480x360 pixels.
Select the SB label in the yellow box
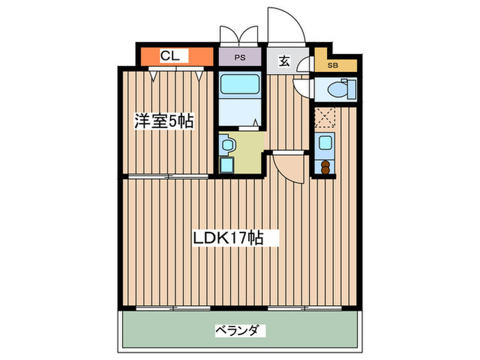point(333,66)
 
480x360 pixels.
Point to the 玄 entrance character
point(283,60)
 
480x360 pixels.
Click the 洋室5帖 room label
point(163,122)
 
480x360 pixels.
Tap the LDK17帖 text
point(235,239)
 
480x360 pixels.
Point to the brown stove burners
point(325,166)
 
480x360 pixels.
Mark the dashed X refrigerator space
point(325,117)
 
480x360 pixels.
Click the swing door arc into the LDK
point(285,167)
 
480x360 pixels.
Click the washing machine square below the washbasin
point(227,165)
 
